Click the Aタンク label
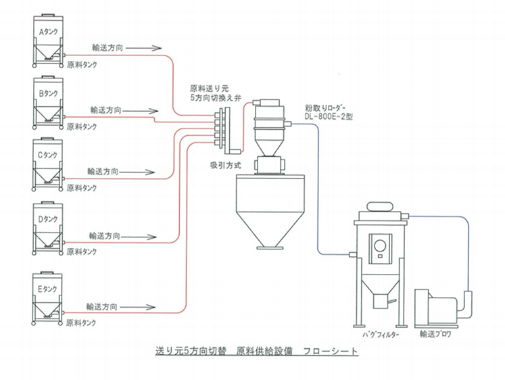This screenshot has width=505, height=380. [48, 32]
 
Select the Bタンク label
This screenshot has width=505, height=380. [48, 93]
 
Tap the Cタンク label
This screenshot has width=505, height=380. [47, 155]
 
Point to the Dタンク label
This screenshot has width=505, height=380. [48, 219]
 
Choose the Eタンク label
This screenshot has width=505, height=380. [47, 289]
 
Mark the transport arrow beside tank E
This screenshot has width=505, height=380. [137, 307]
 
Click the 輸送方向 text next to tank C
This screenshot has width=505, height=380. [103, 171]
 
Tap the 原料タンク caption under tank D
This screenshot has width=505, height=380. [82, 252]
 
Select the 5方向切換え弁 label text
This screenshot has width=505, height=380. [216, 98]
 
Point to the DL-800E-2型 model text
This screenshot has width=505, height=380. [329, 116]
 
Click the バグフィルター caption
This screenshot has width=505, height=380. [381, 335]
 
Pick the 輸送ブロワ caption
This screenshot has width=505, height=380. [435, 334]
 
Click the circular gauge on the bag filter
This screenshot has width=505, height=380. [381, 246]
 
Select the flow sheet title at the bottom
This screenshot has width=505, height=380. [257, 351]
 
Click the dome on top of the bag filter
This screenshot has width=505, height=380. [380, 206]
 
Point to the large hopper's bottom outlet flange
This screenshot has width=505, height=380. [270, 247]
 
